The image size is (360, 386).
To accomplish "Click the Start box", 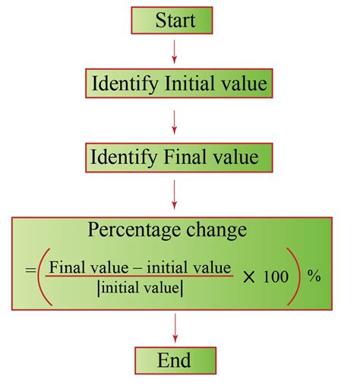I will [x=176, y=21].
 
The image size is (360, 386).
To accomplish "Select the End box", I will [x=176, y=360].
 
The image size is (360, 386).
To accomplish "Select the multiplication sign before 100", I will [x=250, y=276].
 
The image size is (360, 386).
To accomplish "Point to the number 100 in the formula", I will [x=276, y=277].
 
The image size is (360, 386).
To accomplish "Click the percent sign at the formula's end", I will [x=314, y=277].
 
